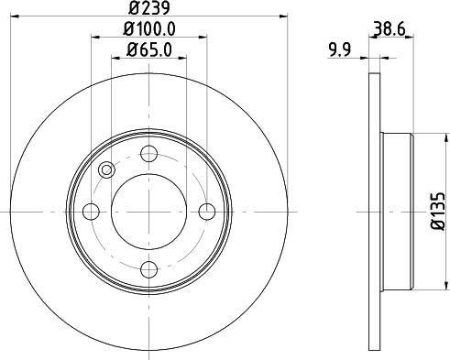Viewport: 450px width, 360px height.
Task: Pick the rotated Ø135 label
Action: pyautogui.click(x=437, y=211)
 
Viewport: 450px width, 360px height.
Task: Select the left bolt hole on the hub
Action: pyautogui.click(x=91, y=212)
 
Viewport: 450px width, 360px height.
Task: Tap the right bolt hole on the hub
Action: pyautogui.click(x=207, y=212)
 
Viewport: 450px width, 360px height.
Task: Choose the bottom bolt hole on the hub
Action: pyautogui.click(x=148, y=269)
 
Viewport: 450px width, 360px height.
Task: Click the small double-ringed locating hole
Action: pyautogui.click(x=106, y=169)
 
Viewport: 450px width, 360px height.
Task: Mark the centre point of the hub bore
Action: pyautogui.click(x=148, y=212)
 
